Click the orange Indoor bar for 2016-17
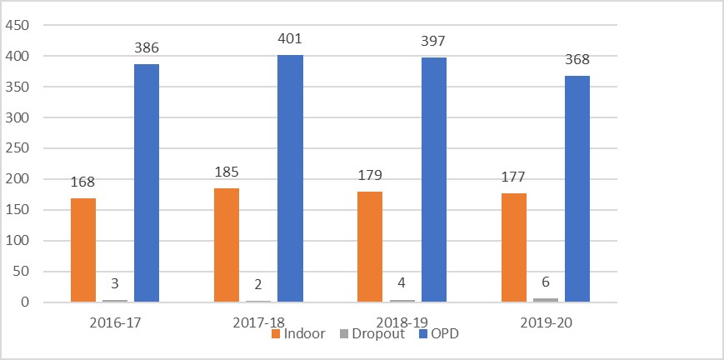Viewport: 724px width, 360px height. pos(83,250)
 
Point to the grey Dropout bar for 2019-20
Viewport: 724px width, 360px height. pos(545,300)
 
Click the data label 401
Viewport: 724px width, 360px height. pos(290,38)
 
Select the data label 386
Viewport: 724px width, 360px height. pos(147,48)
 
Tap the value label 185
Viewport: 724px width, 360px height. pos(227,172)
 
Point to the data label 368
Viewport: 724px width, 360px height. pos(577,59)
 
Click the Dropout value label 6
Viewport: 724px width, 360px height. pos(545,282)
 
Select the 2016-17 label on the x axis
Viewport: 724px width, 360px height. pos(115,321)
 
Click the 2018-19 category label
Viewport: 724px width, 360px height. pos(402,321)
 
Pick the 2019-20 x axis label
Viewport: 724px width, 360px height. pos(545,321)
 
